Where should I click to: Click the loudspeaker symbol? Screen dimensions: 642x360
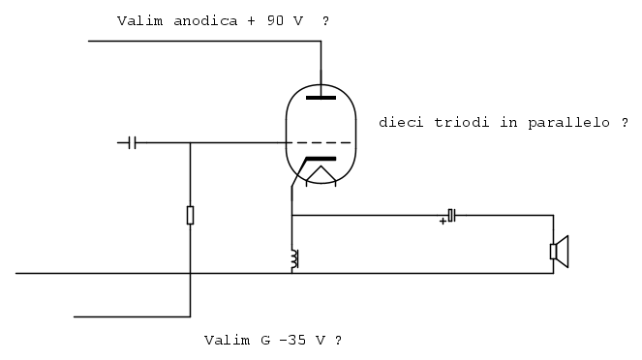(559, 252)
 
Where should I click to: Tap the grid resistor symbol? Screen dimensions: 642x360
(190, 215)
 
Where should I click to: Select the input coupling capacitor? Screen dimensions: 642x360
(132, 143)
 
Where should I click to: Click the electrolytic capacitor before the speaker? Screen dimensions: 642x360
(451, 215)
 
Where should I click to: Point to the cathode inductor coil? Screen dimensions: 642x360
(294, 258)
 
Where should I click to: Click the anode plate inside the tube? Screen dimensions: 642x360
(321, 98)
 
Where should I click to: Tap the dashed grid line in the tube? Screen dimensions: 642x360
(319, 143)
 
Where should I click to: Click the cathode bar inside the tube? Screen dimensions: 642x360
(321, 159)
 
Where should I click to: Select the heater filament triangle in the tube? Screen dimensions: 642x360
(321, 173)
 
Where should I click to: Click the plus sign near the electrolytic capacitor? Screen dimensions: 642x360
(443, 222)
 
